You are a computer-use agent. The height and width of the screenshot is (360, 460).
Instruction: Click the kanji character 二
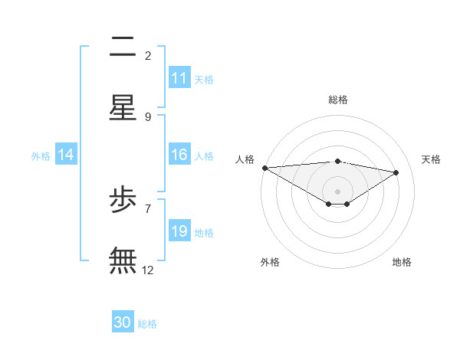point(123,48)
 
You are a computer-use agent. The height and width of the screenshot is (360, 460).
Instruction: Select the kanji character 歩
point(123,201)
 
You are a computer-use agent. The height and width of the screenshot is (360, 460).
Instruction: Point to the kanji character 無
point(123,260)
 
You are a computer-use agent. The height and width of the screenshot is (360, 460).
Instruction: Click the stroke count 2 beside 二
point(148,56)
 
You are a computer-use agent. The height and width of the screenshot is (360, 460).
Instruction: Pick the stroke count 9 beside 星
point(148,117)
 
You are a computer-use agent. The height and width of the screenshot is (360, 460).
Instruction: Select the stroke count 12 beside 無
point(148,270)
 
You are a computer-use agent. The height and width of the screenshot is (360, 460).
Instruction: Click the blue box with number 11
point(179,78)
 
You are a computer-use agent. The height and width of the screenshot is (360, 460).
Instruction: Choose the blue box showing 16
point(179,155)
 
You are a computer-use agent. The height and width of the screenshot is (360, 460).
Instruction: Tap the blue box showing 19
point(179,231)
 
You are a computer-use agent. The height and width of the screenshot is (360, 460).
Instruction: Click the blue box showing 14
point(66,155)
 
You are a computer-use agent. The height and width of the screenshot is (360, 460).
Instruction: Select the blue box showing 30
point(123,322)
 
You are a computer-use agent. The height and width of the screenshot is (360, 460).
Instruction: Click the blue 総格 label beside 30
point(147,324)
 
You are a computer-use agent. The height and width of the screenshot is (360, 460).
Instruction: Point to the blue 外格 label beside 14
point(41,155)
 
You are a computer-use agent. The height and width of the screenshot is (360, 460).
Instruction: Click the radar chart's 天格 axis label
point(432,159)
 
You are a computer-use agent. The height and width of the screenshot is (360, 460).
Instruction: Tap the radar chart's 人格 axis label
point(245,159)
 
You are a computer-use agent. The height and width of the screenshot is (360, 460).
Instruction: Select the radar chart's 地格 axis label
point(402,262)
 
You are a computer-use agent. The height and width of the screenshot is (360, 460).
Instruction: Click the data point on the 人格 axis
point(264,168)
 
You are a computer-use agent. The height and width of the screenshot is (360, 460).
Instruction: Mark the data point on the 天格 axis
point(396,172)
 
